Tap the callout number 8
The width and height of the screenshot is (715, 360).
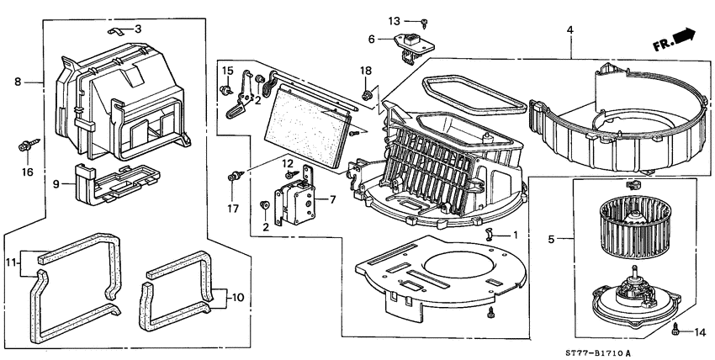coord(18,82)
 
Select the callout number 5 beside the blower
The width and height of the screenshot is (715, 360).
coord(550,240)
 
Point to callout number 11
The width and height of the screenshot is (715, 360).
coord(11,263)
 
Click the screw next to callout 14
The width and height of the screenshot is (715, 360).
coord(676,331)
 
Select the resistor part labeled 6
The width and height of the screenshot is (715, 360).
coord(411,43)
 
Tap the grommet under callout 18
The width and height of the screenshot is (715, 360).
coord(366,93)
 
